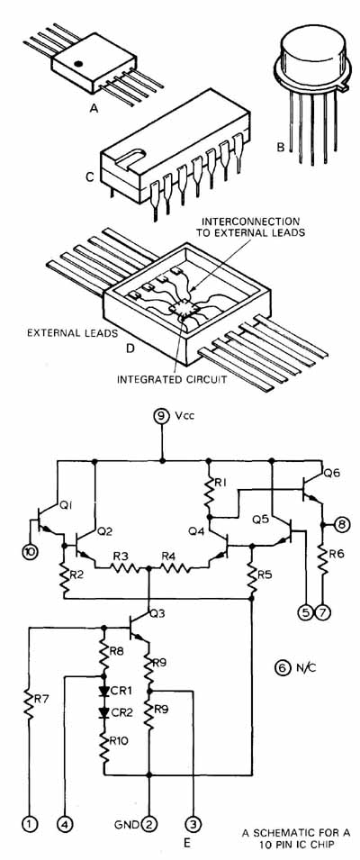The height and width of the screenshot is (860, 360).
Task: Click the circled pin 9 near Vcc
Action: (162, 417)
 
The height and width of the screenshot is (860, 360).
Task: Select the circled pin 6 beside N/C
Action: (281, 667)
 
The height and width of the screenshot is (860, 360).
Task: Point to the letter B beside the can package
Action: (280, 148)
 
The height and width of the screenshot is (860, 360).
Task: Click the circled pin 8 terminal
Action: (341, 525)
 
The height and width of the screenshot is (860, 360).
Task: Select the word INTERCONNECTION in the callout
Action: (251, 221)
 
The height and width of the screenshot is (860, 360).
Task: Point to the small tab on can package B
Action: (343, 86)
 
